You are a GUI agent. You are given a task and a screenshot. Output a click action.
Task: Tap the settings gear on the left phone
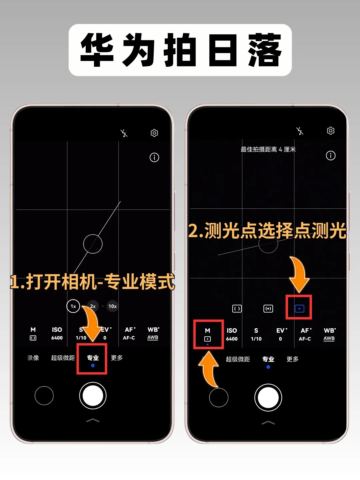coord(154,133)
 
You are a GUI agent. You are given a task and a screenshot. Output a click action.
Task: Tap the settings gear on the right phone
coord(330,131)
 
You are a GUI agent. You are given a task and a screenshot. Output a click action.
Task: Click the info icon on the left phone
coord(154,157)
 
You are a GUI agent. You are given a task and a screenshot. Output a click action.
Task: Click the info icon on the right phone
coord(330,155)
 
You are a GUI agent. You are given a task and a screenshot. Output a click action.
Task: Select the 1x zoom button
coord(73,306)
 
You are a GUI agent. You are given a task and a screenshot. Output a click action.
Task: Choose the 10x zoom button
coord(113,306)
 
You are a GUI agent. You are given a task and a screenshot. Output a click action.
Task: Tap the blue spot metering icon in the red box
coord(299,308)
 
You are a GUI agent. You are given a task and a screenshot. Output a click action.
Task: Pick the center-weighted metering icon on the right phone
coord(268,309)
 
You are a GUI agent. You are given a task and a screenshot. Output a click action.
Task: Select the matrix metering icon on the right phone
coord(237,309)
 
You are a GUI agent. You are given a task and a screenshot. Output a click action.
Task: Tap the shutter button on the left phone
coord(93,396)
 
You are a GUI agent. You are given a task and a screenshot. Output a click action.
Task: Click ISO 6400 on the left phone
coord(57,333)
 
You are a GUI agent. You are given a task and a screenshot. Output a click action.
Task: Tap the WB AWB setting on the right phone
coord(329,334)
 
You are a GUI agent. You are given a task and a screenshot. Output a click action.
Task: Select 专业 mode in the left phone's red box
coord(93,358)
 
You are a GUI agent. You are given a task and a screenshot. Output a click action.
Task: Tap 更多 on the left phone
coord(117,358)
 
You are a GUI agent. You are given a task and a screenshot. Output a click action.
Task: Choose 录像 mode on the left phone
coord(33,358)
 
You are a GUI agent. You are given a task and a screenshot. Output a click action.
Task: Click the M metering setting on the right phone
coord(207,335)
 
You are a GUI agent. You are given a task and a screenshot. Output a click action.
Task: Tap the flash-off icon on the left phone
coord(124,133)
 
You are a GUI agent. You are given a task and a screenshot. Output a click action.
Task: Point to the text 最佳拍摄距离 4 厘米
coord(268,149)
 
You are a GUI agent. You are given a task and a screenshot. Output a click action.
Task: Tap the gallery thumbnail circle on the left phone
coord(44,396)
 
